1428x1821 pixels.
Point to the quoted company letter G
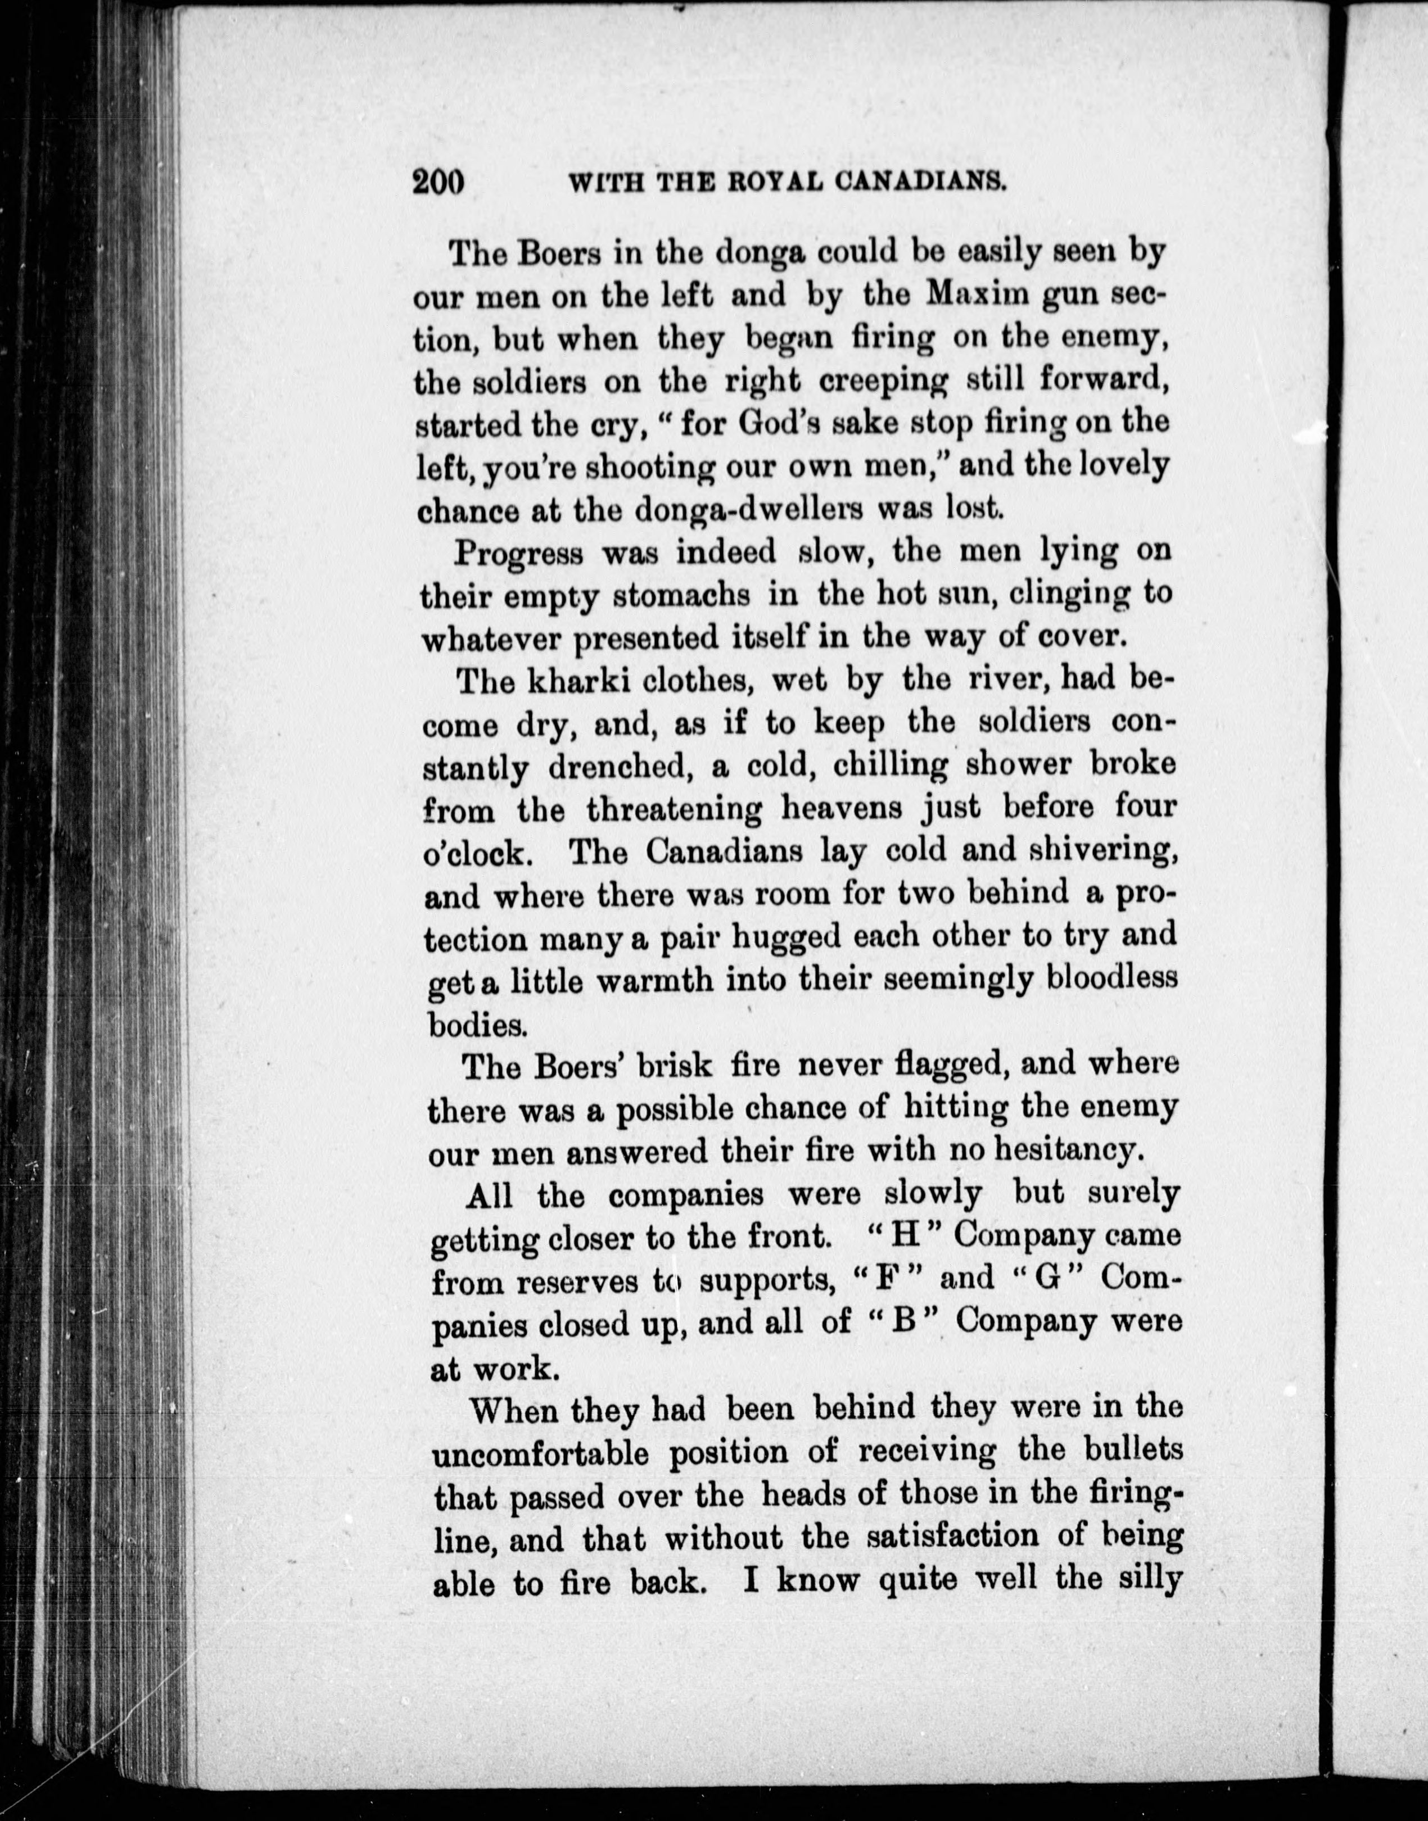[1041, 1278]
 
